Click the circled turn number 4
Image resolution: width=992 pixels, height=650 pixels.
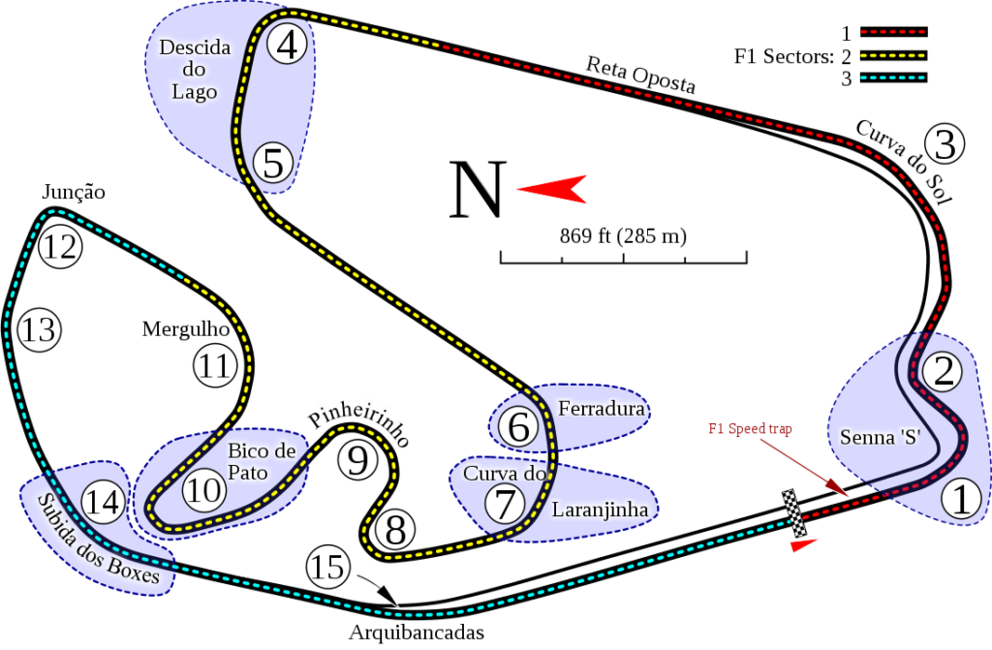(288, 44)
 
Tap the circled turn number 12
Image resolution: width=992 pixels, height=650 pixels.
(59, 248)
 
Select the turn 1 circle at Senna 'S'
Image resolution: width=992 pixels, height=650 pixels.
(960, 500)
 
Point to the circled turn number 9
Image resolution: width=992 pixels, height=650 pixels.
(358, 460)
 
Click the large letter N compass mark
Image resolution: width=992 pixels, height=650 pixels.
(478, 190)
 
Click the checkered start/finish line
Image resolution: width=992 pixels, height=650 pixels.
(794, 512)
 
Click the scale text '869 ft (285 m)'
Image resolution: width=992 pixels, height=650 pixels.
(623, 234)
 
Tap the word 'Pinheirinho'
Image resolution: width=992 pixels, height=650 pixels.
(357, 423)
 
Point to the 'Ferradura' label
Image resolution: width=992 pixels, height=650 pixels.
(601, 409)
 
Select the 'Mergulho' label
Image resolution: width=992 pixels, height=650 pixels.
(184, 329)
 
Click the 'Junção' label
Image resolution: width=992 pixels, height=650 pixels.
(71, 193)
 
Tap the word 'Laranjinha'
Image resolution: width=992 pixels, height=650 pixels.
(600, 509)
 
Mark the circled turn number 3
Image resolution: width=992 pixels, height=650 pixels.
(945, 144)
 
